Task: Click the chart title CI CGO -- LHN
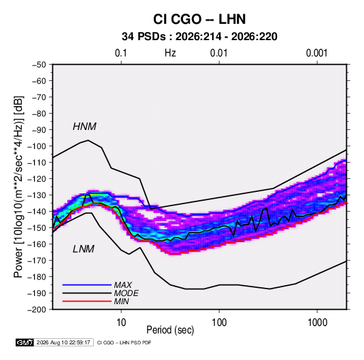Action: click(x=199, y=19)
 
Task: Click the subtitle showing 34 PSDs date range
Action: click(x=199, y=37)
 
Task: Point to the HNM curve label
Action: click(x=84, y=127)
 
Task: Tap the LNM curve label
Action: click(x=84, y=249)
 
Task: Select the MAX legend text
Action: click(x=122, y=284)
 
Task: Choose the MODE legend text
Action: click(x=126, y=293)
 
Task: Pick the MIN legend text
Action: click(x=121, y=301)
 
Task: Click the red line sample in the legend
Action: click(x=87, y=301)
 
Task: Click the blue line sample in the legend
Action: click(x=87, y=284)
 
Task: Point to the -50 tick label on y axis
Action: click(x=39, y=65)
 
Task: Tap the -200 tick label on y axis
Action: click(x=37, y=310)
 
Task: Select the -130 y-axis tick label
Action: click(x=37, y=195)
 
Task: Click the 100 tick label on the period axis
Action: click(x=219, y=323)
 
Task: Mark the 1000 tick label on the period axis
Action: click(x=317, y=323)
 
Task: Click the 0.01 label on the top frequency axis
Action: click(x=218, y=53)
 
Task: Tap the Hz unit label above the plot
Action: click(x=170, y=53)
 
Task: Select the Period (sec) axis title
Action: click(x=170, y=330)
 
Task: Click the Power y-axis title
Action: click(x=18, y=186)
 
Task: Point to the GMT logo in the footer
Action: click(x=25, y=342)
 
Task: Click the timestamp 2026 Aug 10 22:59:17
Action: click(x=63, y=342)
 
